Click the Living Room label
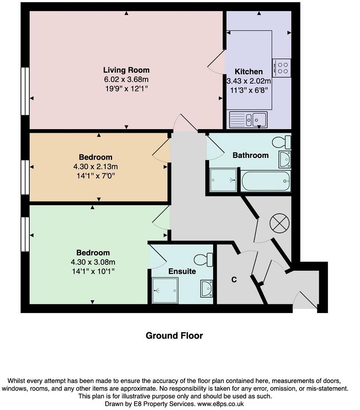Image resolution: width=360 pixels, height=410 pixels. click(126, 70)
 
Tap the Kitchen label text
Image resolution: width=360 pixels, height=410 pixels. click(248, 72)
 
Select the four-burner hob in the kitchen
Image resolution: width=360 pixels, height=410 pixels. click(281, 68)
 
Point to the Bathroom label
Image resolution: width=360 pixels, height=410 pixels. click(250, 155)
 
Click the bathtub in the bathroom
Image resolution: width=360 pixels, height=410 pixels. click(266, 181)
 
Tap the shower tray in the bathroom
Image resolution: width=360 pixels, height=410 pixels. click(224, 180)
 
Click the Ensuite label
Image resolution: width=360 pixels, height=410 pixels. click(182, 271)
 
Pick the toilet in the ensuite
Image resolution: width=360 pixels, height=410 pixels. click(204, 260)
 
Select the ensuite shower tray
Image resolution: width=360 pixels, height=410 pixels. click(165, 290)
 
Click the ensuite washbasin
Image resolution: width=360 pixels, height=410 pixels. click(206, 289)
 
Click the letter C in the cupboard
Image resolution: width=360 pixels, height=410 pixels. click(233, 280)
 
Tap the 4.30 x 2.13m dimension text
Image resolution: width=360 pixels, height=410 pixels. click(98, 166)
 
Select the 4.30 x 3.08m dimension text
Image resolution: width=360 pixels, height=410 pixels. click(93, 262)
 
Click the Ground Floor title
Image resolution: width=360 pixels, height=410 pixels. click(174, 336)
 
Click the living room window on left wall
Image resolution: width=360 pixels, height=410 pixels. click(25, 91)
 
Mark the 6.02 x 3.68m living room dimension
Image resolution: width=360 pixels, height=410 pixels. click(126, 79)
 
